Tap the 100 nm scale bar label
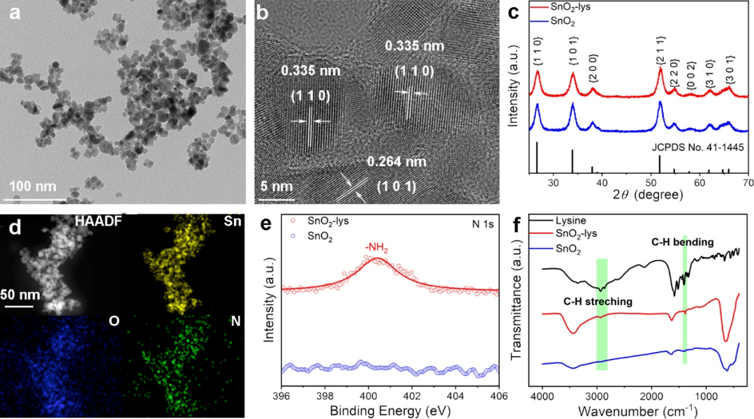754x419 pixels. pyautogui.click(x=33, y=186)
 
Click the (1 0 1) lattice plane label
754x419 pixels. pyautogui.click(x=396, y=187)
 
